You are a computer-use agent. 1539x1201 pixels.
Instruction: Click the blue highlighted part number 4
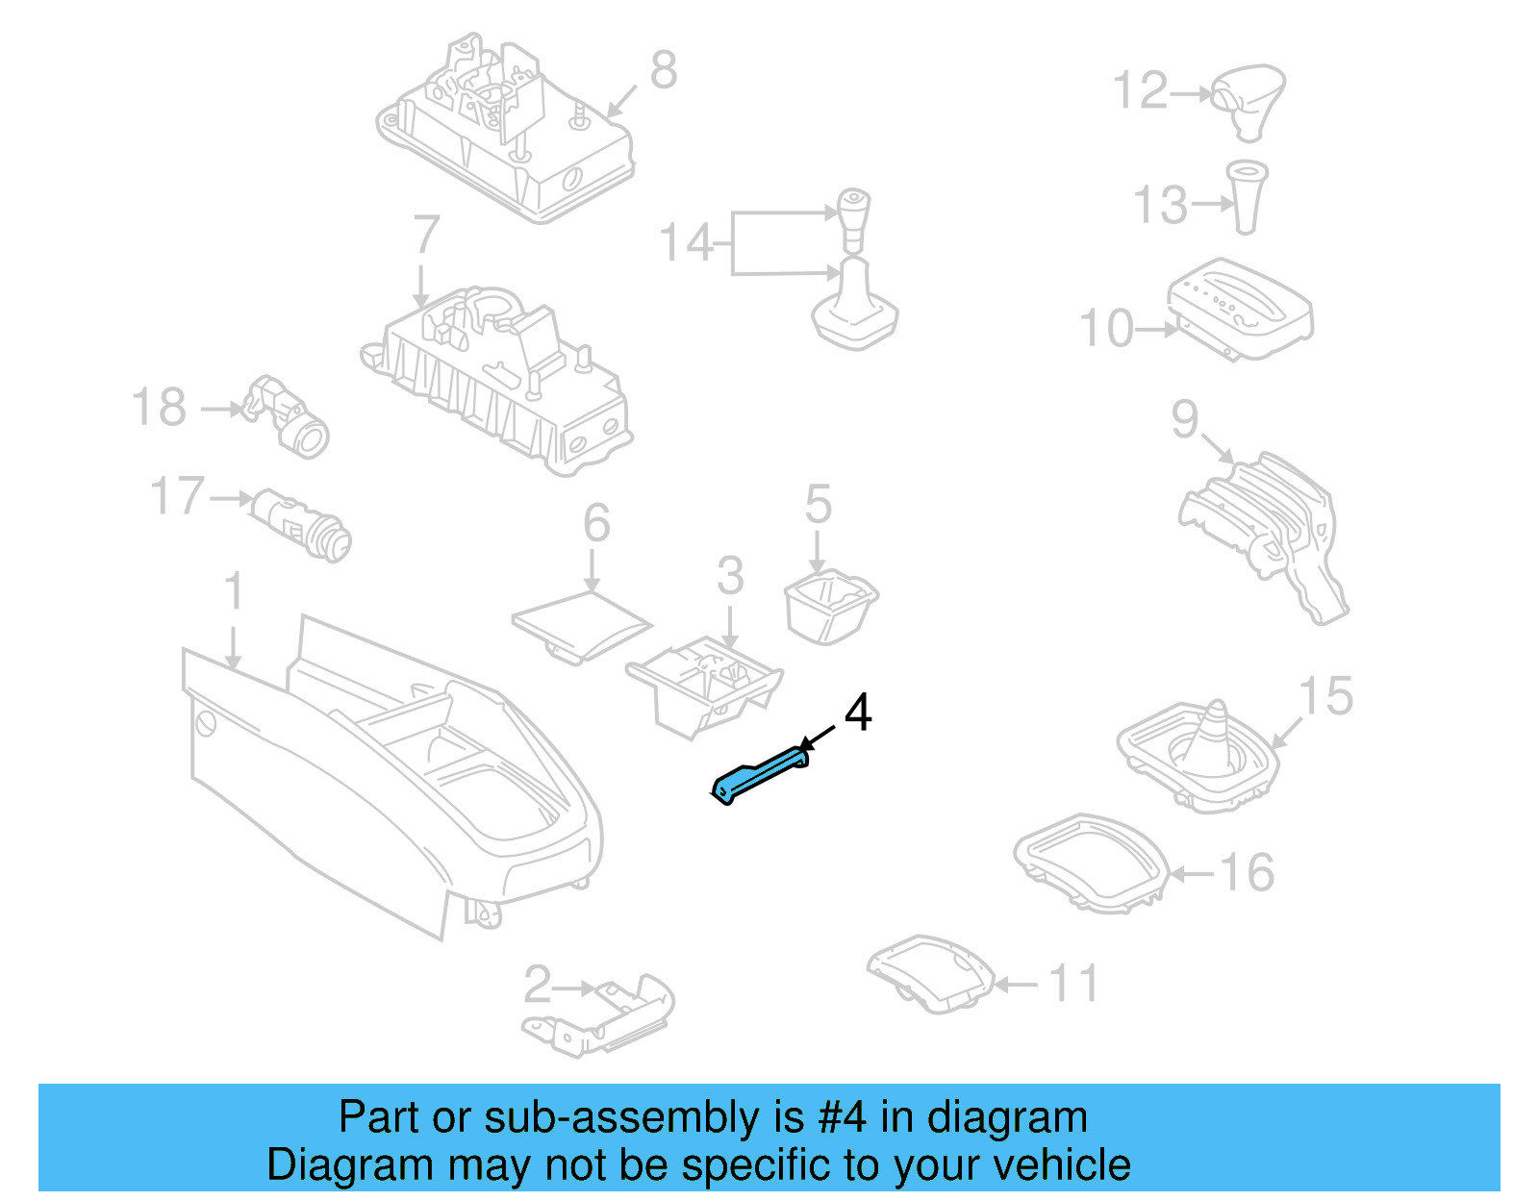[760, 777]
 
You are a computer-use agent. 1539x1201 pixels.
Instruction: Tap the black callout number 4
[857, 713]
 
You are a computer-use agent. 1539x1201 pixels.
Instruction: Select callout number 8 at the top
[663, 70]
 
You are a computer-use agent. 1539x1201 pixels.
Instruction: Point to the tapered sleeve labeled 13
[1247, 197]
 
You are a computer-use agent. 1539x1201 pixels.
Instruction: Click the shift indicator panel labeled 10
[1241, 308]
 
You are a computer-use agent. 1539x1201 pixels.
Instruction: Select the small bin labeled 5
[830, 605]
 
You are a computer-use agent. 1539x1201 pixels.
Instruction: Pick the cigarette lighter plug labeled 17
[303, 525]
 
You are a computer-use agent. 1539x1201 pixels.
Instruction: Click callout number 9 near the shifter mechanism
[1185, 418]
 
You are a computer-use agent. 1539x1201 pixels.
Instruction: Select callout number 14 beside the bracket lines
[685, 242]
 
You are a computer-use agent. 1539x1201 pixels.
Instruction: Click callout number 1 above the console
[234, 591]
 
